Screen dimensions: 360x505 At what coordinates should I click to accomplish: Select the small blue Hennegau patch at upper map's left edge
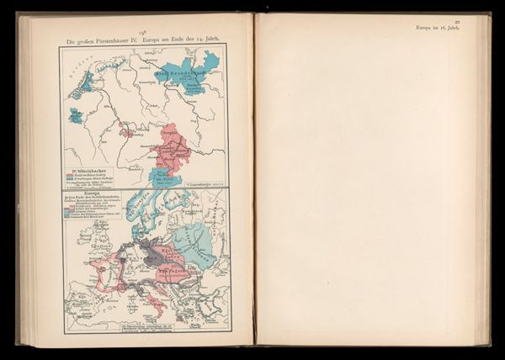[x=75, y=114]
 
